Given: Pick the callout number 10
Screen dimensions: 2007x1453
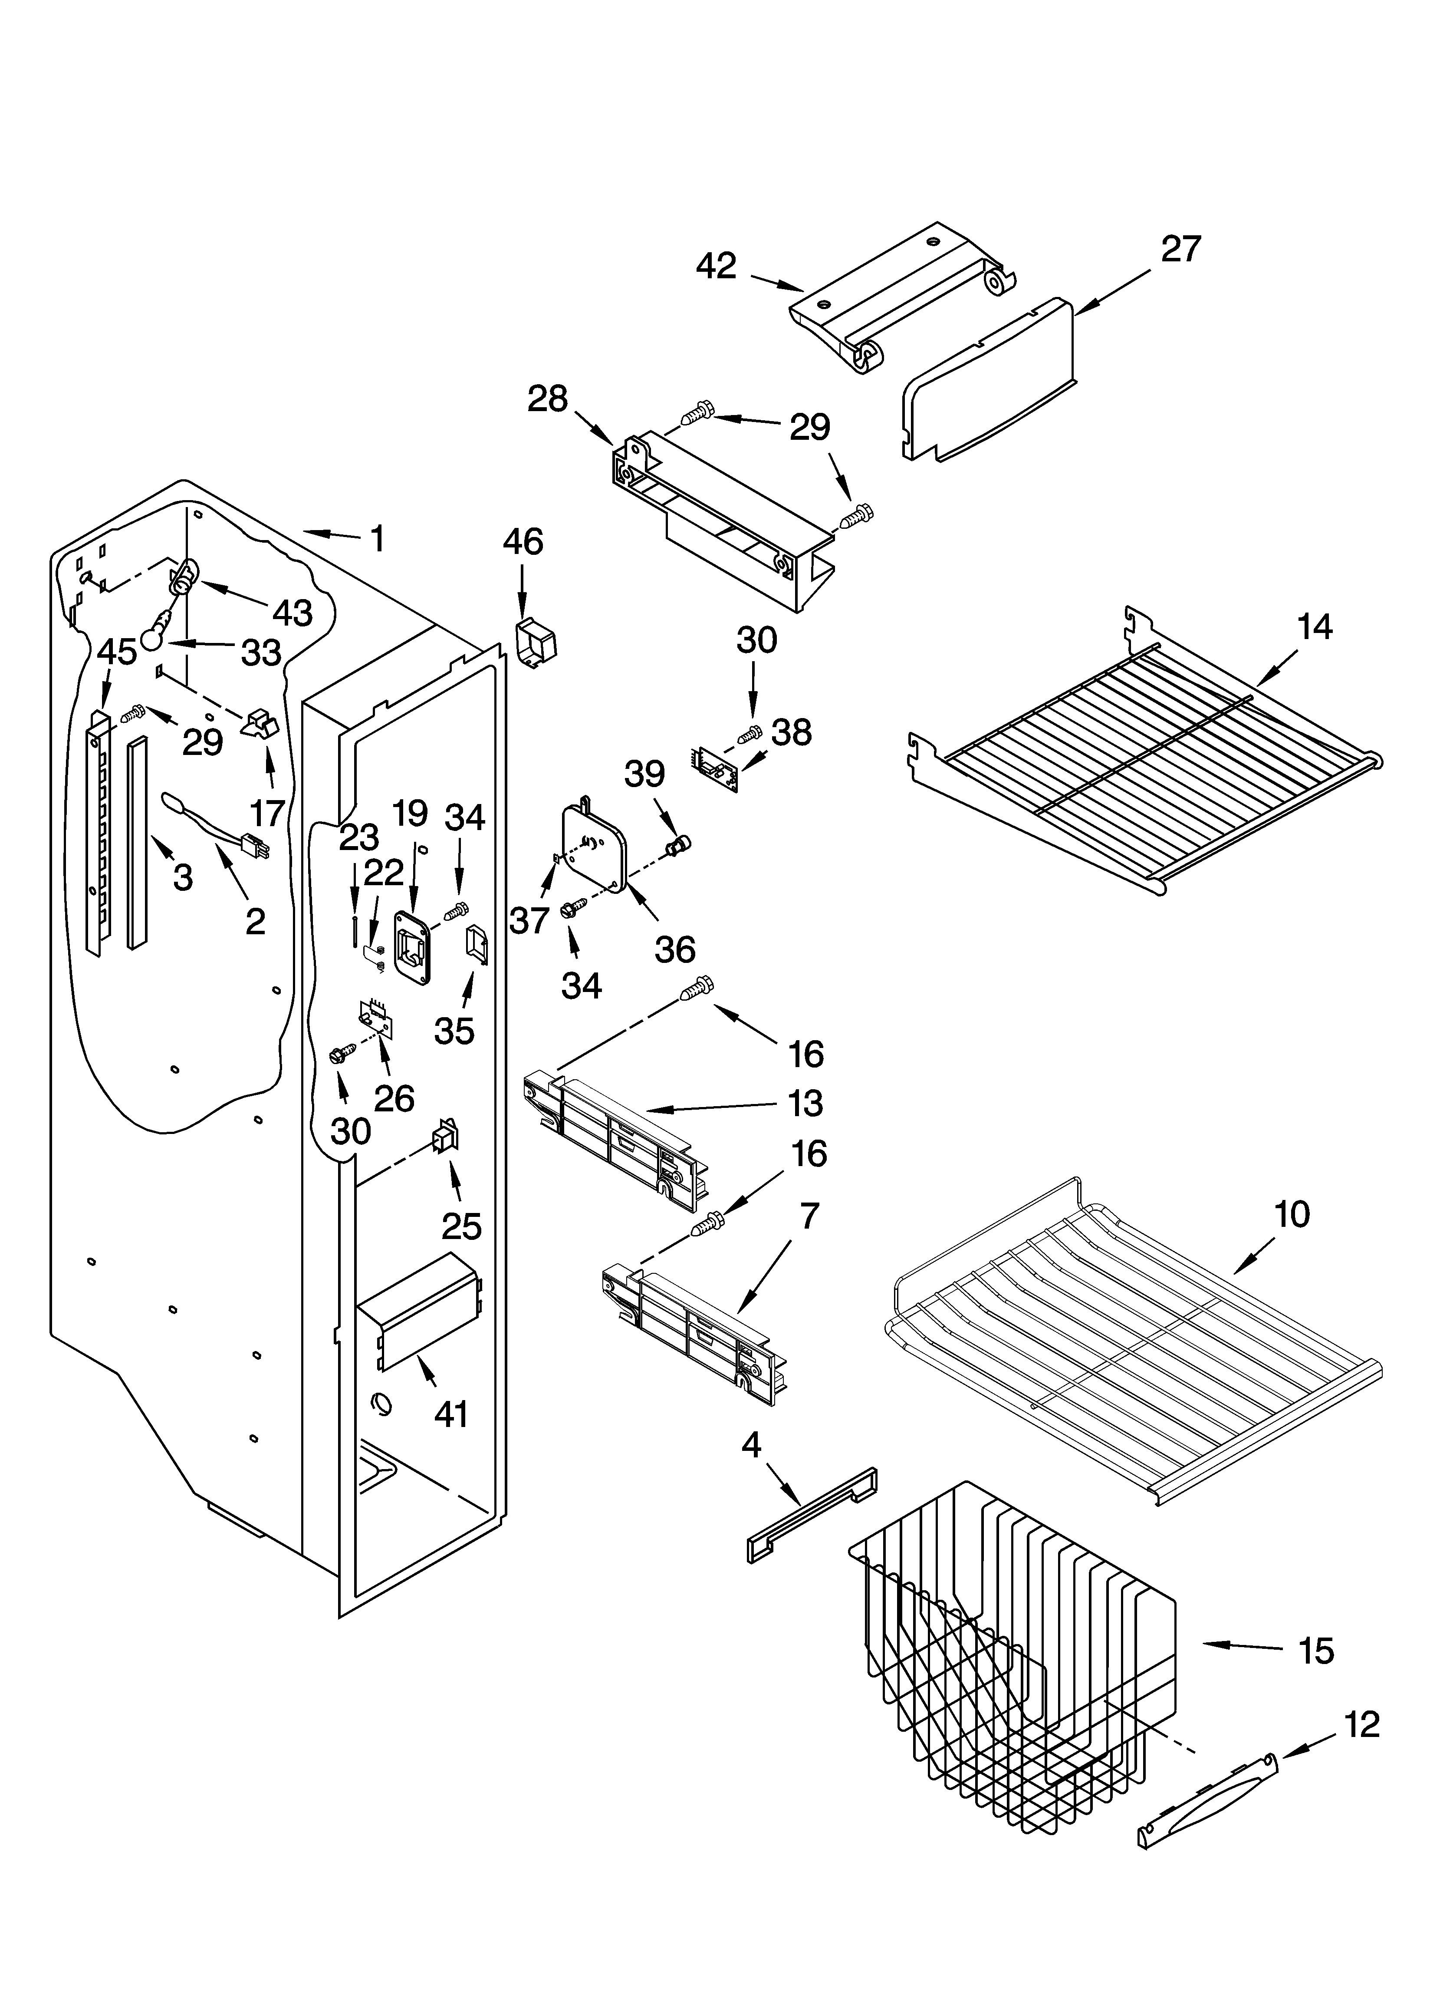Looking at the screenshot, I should tap(1292, 1214).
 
